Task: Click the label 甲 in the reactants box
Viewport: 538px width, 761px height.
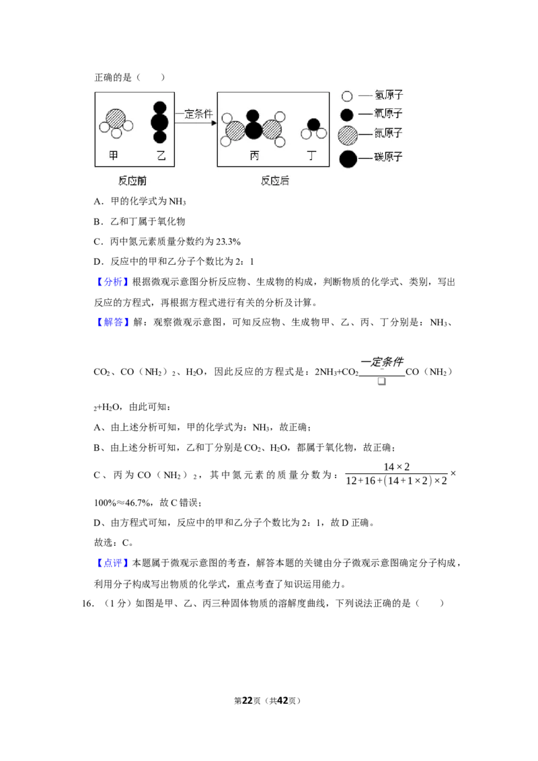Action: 113,155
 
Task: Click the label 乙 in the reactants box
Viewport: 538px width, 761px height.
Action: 161,155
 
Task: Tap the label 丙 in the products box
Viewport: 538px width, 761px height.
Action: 254,155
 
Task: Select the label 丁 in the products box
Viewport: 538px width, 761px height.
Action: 311,155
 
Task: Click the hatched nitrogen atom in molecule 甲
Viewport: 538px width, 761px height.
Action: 116,118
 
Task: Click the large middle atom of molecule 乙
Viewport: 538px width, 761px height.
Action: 160,122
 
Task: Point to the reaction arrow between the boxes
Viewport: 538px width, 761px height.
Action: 196,123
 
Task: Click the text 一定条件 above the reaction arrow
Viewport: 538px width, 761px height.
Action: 196,114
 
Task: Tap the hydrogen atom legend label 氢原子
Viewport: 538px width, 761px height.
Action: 389,95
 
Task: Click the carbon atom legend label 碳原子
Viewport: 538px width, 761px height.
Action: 389,157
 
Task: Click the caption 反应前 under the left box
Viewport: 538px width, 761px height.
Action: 132,181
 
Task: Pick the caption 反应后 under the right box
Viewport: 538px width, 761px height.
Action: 275,181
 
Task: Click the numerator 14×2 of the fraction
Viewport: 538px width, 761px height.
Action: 397,467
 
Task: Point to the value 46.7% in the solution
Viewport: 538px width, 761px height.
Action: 137,504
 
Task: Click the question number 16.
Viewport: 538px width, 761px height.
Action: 87,604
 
